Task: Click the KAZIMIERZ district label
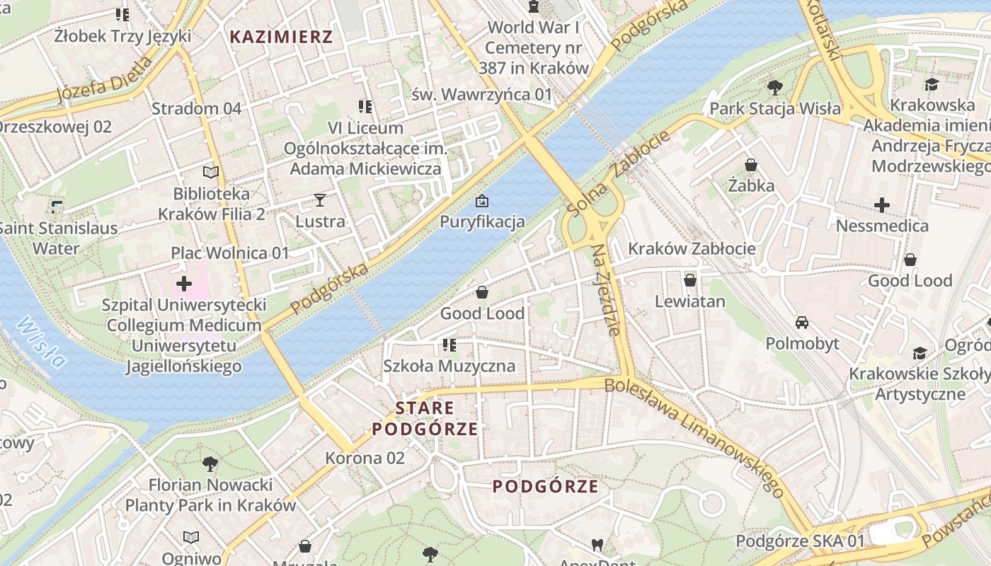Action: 281,37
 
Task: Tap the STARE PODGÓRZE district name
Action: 425,418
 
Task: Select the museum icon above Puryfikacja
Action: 482,201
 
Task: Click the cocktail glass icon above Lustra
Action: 320,200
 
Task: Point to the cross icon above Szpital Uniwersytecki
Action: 184,284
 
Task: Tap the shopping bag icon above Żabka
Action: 751,165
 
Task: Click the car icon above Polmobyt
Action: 802,323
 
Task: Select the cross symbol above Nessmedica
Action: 882,205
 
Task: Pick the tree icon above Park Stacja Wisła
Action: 775,88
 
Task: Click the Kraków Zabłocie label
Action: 692,248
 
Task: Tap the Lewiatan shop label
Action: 689,301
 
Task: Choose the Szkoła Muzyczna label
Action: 449,366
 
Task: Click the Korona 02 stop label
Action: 365,458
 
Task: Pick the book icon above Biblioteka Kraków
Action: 211,172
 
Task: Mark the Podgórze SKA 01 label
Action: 800,541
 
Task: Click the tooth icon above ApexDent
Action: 597,545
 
